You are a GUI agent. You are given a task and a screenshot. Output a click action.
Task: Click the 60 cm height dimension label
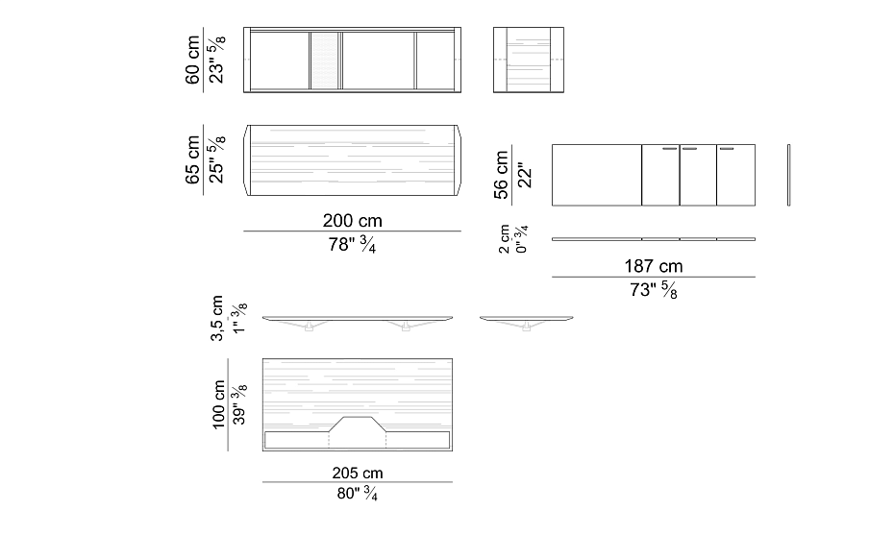tap(192, 60)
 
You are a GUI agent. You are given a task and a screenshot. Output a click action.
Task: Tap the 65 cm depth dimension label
tap(192, 160)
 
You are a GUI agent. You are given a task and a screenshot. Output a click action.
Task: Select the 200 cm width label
tap(353, 221)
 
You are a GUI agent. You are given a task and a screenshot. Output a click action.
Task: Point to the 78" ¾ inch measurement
tap(352, 244)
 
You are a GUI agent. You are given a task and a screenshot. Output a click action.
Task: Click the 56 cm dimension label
tap(501, 175)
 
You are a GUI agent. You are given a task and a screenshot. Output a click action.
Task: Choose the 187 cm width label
tap(654, 266)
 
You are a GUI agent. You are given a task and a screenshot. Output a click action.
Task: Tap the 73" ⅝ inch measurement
tap(654, 290)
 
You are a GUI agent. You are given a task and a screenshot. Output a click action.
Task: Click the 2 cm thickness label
tap(504, 239)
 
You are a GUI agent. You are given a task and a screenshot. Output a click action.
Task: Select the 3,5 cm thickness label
tap(216, 318)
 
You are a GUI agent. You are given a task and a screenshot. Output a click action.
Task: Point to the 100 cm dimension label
tap(219, 404)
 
